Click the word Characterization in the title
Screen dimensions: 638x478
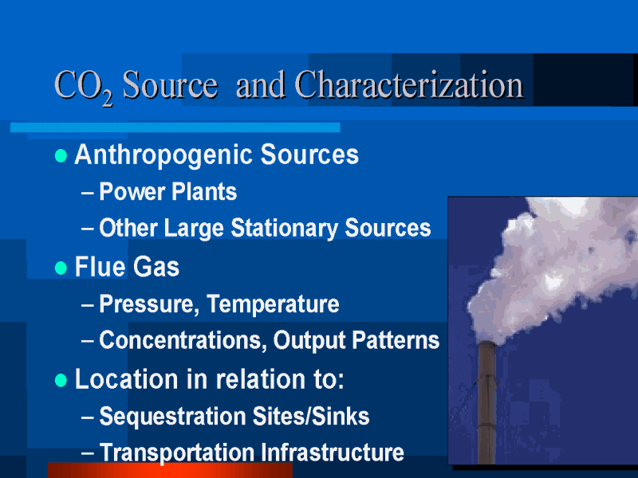click(x=409, y=84)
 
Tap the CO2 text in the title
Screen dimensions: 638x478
click(x=84, y=87)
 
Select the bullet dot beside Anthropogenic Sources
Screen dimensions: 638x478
click(x=61, y=155)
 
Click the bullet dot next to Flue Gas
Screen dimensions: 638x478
click(x=61, y=268)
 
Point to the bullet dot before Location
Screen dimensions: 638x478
click(x=61, y=380)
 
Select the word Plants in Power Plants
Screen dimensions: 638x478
click(x=204, y=191)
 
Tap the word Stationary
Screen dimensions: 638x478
click(x=285, y=228)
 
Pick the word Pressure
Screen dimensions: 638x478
click(x=149, y=304)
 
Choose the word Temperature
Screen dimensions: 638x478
click(x=273, y=304)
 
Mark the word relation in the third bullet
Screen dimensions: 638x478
click(x=261, y=379)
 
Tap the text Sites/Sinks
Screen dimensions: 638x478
click(x=311, y=416)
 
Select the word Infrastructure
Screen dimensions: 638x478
click(x=332, y=452)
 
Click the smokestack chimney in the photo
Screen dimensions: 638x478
click(x=486, y=402)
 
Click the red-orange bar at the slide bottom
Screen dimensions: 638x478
click(x=170, y=470)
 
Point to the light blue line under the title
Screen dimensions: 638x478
click(x=175, y=127)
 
